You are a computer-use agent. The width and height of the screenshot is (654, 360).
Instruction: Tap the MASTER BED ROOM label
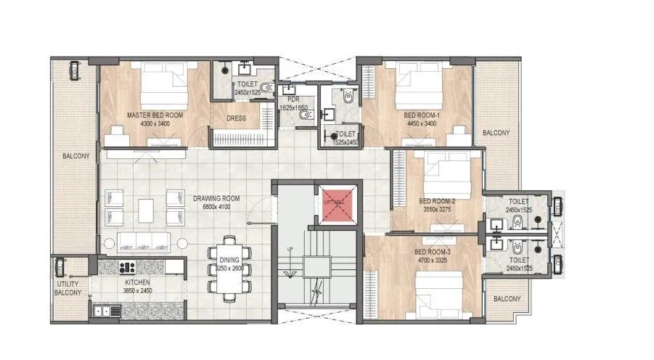coord(155,115)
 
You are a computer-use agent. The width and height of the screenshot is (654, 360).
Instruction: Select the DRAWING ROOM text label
coord(216,198)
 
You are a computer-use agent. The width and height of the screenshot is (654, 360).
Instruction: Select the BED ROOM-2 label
coord(437,201)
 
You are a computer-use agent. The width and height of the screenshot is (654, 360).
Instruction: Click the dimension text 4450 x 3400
coord(420,123)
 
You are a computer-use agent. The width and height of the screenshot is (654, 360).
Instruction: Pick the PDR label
coord(294,99)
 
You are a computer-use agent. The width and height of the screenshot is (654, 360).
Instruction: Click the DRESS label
coord(236,118)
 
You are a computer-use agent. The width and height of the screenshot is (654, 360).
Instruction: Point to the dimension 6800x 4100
coord(216,207)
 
